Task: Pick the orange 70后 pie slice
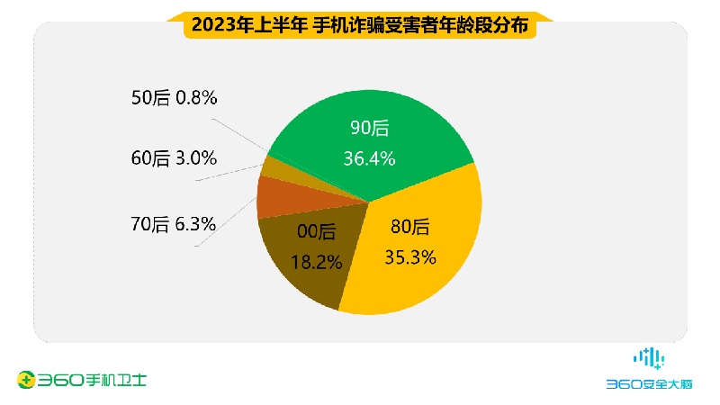coord(274,197)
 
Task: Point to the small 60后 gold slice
coord(270,168)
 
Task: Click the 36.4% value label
coord(370,159)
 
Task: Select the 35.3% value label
coord(411,257)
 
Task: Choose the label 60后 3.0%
coord(173,158)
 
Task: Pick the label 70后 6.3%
coord(173,225)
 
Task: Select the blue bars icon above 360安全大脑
coord(649,357)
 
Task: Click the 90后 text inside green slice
coord(370,129)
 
